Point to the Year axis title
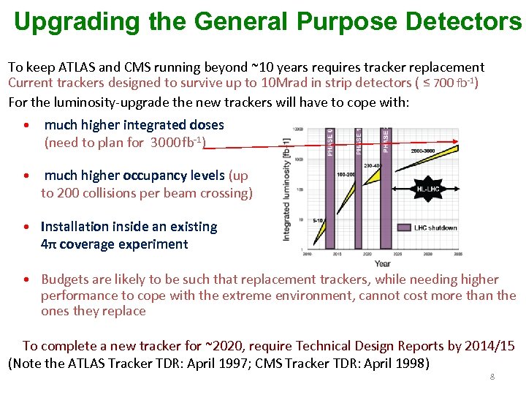pos(382,263)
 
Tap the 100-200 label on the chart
pos(346,175)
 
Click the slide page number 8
pos(492,376)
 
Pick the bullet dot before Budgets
pos(26,280)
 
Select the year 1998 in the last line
pos(414,364)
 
